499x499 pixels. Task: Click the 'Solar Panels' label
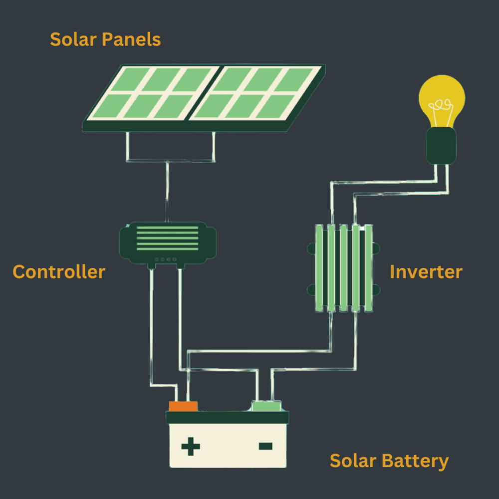click(105, 39)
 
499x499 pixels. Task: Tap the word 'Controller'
click(59, 272)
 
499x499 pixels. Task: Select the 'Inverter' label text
click(426, 272)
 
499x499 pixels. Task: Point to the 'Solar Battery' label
click(389, 461)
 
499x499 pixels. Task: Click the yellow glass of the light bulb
click(442, 97)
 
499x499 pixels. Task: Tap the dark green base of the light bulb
click(441, 145)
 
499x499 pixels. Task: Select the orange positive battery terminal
click(183, 406)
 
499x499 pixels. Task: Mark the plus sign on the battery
click(190, 446)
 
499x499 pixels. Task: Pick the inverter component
click(344, 268)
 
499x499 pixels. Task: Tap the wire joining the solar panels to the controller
click(167, 192)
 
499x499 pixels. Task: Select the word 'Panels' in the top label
click(132, 39)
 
